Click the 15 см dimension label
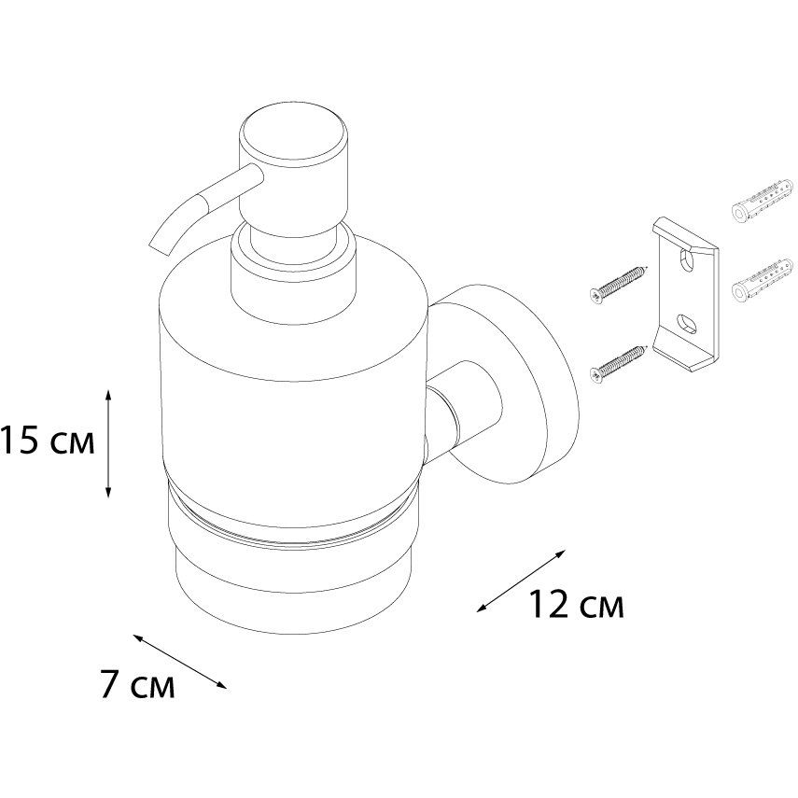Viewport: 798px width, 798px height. point(47,440)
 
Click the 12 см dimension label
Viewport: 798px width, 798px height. point(576,607)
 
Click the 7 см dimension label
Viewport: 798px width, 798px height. point(137,686)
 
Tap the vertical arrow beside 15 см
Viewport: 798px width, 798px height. point(110,442)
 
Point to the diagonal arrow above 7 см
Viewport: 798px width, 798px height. point(180,661)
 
